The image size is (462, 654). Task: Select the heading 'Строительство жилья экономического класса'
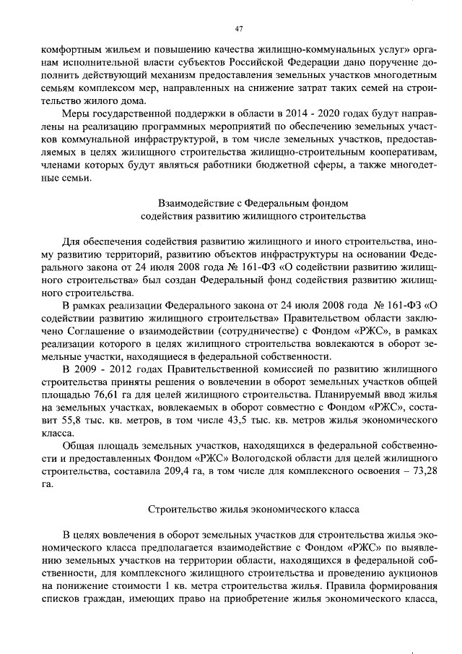click(252, 509)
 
